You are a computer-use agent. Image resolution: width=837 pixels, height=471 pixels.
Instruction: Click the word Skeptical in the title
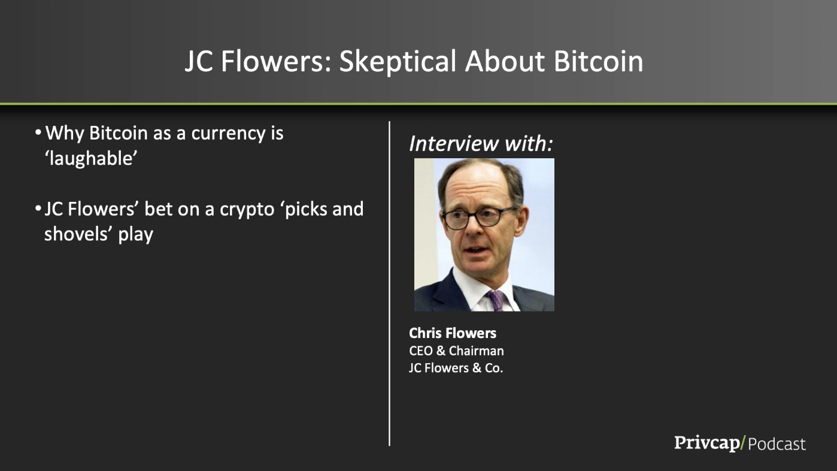click(398, 62)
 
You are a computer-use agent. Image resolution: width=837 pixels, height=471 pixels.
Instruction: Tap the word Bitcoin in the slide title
click(599, 61)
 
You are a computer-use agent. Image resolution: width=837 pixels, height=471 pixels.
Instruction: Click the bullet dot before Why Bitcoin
click(38, 133)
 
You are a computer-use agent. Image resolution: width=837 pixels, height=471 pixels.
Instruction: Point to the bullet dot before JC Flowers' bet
click(38, 209)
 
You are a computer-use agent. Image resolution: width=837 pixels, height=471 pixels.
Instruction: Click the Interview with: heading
click(481, 144)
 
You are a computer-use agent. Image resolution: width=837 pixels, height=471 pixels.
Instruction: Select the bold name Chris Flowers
click(453, 333)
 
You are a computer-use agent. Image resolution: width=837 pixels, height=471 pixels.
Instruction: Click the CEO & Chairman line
click(456, 351)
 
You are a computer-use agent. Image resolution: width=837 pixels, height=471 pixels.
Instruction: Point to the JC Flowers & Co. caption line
click(456, 368)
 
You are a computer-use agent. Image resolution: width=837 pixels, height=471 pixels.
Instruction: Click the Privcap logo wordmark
click(706, 443)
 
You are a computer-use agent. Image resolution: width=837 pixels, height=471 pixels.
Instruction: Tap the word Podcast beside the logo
click(777, 444)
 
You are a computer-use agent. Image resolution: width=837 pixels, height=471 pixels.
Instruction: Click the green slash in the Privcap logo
click(743, 443)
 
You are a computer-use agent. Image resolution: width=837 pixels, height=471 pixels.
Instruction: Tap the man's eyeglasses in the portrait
click(480, 218)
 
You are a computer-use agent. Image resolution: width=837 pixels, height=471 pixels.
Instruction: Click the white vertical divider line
click(389, 283)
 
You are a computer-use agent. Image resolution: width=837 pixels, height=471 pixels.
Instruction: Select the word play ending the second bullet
click(136, 236)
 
